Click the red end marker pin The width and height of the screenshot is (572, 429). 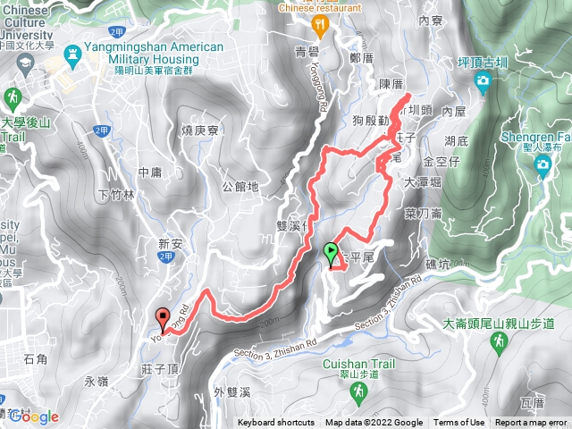(x=163, y=318)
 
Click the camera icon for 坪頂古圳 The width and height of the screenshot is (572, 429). (x=484, y=83)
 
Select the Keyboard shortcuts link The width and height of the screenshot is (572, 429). (x=276, y=423)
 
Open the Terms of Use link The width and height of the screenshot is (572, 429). (x=459, y=423)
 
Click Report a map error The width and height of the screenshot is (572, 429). (x=532, y=423)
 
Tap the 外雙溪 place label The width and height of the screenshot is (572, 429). (x=234, y=390)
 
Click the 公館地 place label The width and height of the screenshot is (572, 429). (x=240, y=187)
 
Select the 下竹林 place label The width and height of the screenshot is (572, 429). (x=116, y=194)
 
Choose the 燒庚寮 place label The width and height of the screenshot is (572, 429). (x=199, y=130)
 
